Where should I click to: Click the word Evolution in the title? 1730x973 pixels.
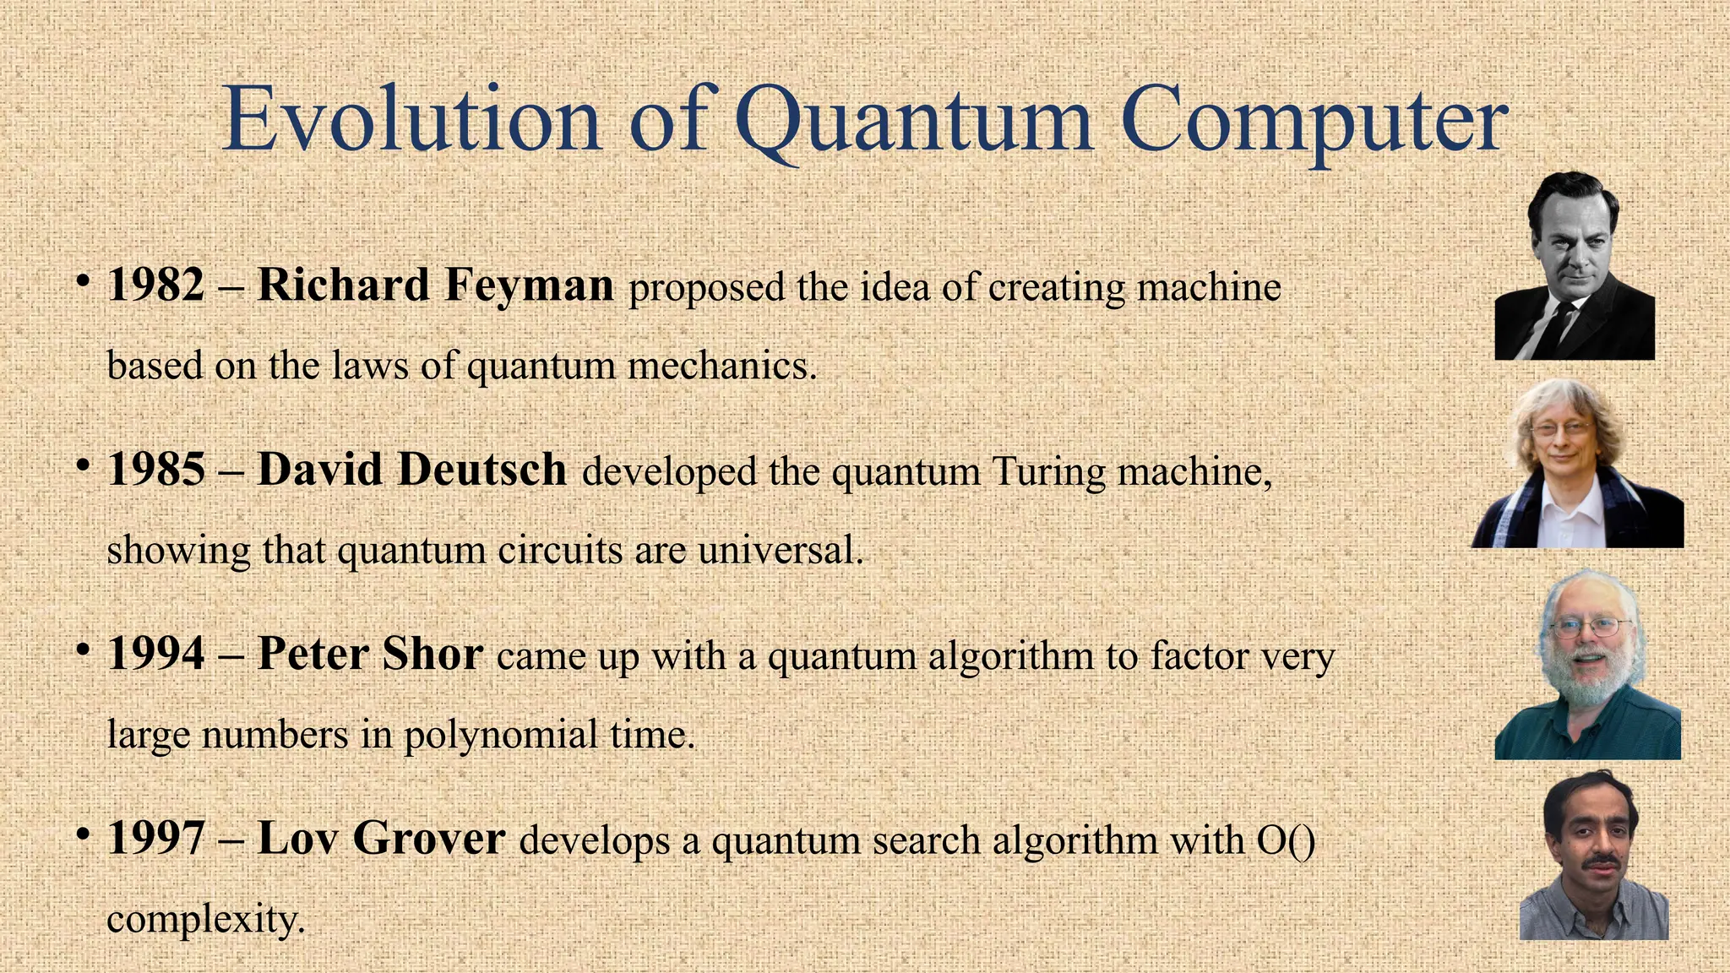point(411,120)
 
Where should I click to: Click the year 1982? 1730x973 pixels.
point(156,285)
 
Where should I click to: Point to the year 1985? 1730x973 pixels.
point(156,470)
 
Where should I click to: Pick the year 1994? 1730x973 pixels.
point(156,654)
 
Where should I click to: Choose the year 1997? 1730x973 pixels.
point(156,838)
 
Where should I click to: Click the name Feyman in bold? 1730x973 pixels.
point(529,285)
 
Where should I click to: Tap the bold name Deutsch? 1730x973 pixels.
point(482,470)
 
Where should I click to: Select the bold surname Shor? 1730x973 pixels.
point(432,654)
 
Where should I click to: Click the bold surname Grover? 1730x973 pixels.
point(428,838)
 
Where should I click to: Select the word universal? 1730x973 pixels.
point(781,551)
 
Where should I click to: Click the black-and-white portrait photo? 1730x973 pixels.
point(1574,266)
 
